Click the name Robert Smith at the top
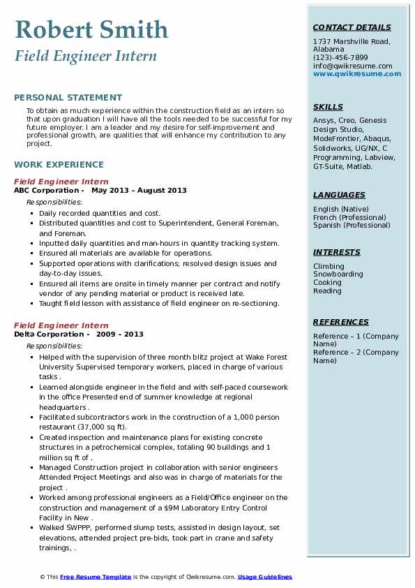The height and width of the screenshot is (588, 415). click(91, 29)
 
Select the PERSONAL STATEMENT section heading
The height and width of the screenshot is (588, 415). click(68, 98)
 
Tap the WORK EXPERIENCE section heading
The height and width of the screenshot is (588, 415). click(59, 165)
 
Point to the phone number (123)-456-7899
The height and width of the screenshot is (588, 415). click(340, 58)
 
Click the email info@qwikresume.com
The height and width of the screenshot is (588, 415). click(352, 66)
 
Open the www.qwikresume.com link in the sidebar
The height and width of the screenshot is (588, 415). click(352, 73)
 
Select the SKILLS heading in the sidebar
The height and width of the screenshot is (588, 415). click(328, 107)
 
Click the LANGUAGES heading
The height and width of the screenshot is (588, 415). click(339, 195)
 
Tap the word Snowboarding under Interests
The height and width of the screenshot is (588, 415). click(338, 274)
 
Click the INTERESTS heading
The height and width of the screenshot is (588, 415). click(337, 252)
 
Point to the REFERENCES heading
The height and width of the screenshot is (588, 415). click(341, 322)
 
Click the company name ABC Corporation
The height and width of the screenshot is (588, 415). click(46, 191)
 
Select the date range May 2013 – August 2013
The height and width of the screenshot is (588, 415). click(139, 191)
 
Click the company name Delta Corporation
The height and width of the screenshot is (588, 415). click(49, 335)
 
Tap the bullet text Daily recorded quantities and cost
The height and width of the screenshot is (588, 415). click(100, 213)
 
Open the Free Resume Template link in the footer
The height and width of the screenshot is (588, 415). click(96, 577)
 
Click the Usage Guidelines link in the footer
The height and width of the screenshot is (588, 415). click(264, 577)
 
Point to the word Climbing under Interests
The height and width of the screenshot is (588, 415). click(329, 266)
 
